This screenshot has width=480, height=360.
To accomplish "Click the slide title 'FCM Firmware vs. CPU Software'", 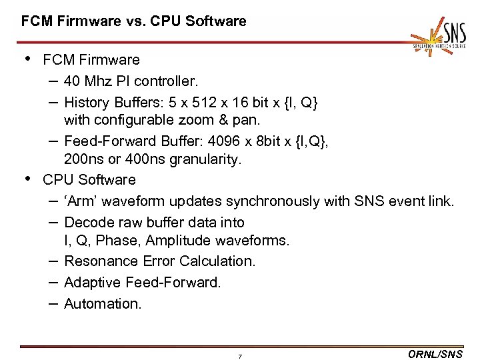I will tap(133, 21).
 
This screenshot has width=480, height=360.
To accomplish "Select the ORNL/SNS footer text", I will tap(434, 355).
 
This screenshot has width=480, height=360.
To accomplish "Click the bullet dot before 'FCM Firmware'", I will tap(27, 59).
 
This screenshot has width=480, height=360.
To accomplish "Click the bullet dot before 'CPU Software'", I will tap(27, 179).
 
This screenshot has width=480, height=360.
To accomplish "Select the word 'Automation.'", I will tap(103, 304).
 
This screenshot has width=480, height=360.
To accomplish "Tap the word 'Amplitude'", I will tap(173, 240).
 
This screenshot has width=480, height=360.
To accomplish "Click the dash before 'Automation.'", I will tap(52, 303).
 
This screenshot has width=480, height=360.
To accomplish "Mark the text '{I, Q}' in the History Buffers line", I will tap(302, 103).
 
